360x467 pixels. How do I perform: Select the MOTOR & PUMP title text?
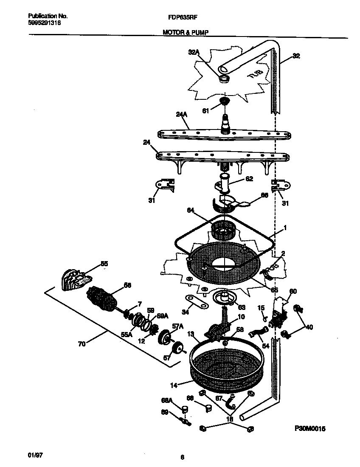186,32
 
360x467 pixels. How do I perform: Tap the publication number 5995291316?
44,23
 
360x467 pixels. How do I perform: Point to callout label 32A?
193,53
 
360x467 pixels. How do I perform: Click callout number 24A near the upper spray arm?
181,114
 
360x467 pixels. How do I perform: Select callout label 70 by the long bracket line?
82,344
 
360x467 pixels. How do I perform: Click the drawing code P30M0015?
309,429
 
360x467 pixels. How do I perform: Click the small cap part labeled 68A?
185,409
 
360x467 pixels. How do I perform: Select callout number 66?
264,195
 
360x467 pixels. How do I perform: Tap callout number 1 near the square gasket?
285,228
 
